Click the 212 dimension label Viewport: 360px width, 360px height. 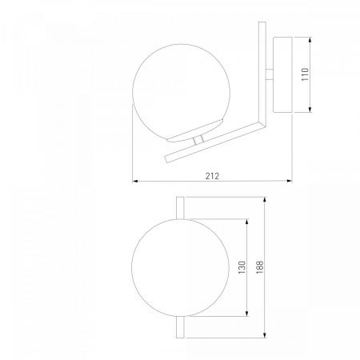click(212, 176)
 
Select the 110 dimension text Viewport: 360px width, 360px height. click(305, 74)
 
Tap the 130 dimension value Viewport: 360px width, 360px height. click(242, 267)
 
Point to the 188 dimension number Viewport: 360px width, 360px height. click(260, 267)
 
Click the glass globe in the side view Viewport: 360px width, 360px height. click(181, 93)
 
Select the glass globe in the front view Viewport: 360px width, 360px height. click(180, 268)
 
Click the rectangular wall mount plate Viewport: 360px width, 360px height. click(282, 75)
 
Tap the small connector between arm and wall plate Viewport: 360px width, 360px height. click(270, 74)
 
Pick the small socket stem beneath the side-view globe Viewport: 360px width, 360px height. click(198, 140)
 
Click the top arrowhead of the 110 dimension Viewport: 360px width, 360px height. click(310, 40)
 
